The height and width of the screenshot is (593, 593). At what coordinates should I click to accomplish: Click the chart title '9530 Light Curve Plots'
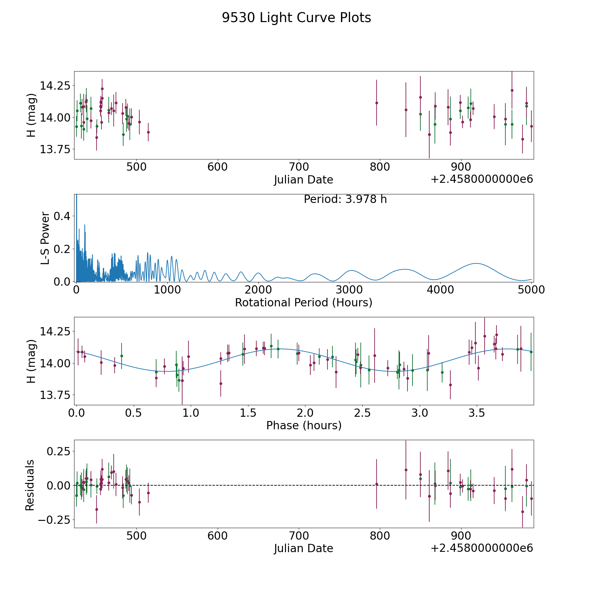click(x=296, y=18)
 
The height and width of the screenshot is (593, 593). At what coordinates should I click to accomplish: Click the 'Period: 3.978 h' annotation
click(x=345, y=199)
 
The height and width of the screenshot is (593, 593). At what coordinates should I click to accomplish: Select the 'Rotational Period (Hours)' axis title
click(x=303, y=302)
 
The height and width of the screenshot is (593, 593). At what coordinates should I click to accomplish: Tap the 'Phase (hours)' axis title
click(x=304, y=425)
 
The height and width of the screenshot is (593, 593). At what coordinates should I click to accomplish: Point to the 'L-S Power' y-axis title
click(x=45, y=238)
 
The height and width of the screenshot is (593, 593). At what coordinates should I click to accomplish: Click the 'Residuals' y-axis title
click(x=30, y=485)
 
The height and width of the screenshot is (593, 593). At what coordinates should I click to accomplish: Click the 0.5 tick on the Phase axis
click(x=134, y=412)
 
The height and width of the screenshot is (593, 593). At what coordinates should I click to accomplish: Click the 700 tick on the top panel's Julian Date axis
click(x=298, y=167)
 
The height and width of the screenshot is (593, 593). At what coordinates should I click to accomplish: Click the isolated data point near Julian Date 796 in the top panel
click(x=377, y=103)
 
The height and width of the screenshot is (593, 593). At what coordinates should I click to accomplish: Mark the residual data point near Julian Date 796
click(x=377, y=484)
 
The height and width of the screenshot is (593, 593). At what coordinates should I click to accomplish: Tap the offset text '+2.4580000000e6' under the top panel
click(x=482, y=179)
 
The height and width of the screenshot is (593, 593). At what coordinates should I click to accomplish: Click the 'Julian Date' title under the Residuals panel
click(x=303, y=548)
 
